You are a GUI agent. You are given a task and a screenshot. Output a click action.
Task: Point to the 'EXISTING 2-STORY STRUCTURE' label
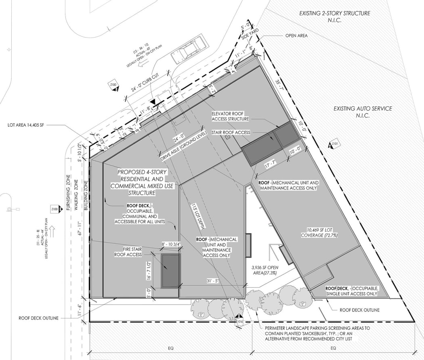coord(334,13)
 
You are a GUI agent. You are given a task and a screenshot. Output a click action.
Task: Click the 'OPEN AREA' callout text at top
coord(296,36)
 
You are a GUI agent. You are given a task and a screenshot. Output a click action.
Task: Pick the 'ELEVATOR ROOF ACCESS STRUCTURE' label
coord(230,116)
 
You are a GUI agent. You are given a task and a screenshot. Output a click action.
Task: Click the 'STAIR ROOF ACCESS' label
coord(231,132)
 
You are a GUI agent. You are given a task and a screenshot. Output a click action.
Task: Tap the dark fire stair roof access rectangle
coord(170,270)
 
